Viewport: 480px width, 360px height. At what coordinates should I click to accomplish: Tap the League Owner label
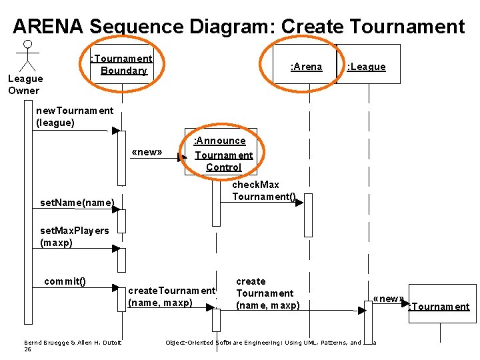[25, 85]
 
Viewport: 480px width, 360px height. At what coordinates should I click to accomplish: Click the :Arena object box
[306, 66]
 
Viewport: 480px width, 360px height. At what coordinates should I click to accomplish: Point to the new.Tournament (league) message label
[74, 117]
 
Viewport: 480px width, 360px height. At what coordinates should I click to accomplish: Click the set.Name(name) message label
[77, 202]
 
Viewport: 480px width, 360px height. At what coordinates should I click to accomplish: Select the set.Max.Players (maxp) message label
[74, 237]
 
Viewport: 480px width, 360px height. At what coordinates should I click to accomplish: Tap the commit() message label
[65, 281]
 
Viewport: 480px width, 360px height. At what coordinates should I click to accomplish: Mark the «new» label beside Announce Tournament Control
[147, 151]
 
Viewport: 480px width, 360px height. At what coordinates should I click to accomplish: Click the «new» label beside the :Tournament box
[388, 299]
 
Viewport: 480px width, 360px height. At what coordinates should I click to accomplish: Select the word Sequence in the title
[137, 27]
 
